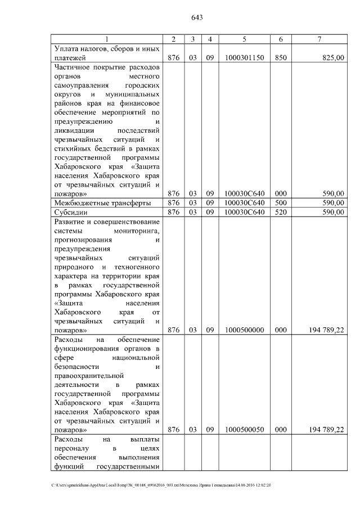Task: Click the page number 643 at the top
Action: (x=196, y=17)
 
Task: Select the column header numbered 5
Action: (x=244, y=39)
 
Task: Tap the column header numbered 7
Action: (x=319, y=39)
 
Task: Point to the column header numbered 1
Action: (x=107, y=39)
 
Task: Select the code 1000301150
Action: (x=244, y=57)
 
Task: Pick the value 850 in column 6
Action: (x=280, y=57)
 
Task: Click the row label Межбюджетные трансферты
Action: (x=102, y=202)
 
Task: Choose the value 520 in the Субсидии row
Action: (x=280, y=212)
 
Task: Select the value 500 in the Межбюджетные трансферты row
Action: (x=280, y=202)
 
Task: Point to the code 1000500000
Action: (x=244, y=330)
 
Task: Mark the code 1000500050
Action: (x=244, y=430)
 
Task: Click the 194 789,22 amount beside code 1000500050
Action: (x=327, y=430)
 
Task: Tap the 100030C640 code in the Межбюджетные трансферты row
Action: (x=244, y=202)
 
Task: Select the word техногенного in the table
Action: (x=136, y=267)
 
